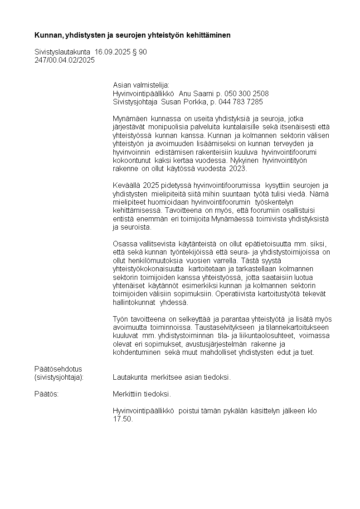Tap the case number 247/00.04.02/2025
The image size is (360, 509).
pos(65,60)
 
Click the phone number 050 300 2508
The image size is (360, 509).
pos(245,93)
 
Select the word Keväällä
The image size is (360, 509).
pos(126,186)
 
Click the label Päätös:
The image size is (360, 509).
pos(47,394)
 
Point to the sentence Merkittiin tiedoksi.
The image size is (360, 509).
pos(142,394)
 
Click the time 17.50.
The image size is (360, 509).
pos(122,419)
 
